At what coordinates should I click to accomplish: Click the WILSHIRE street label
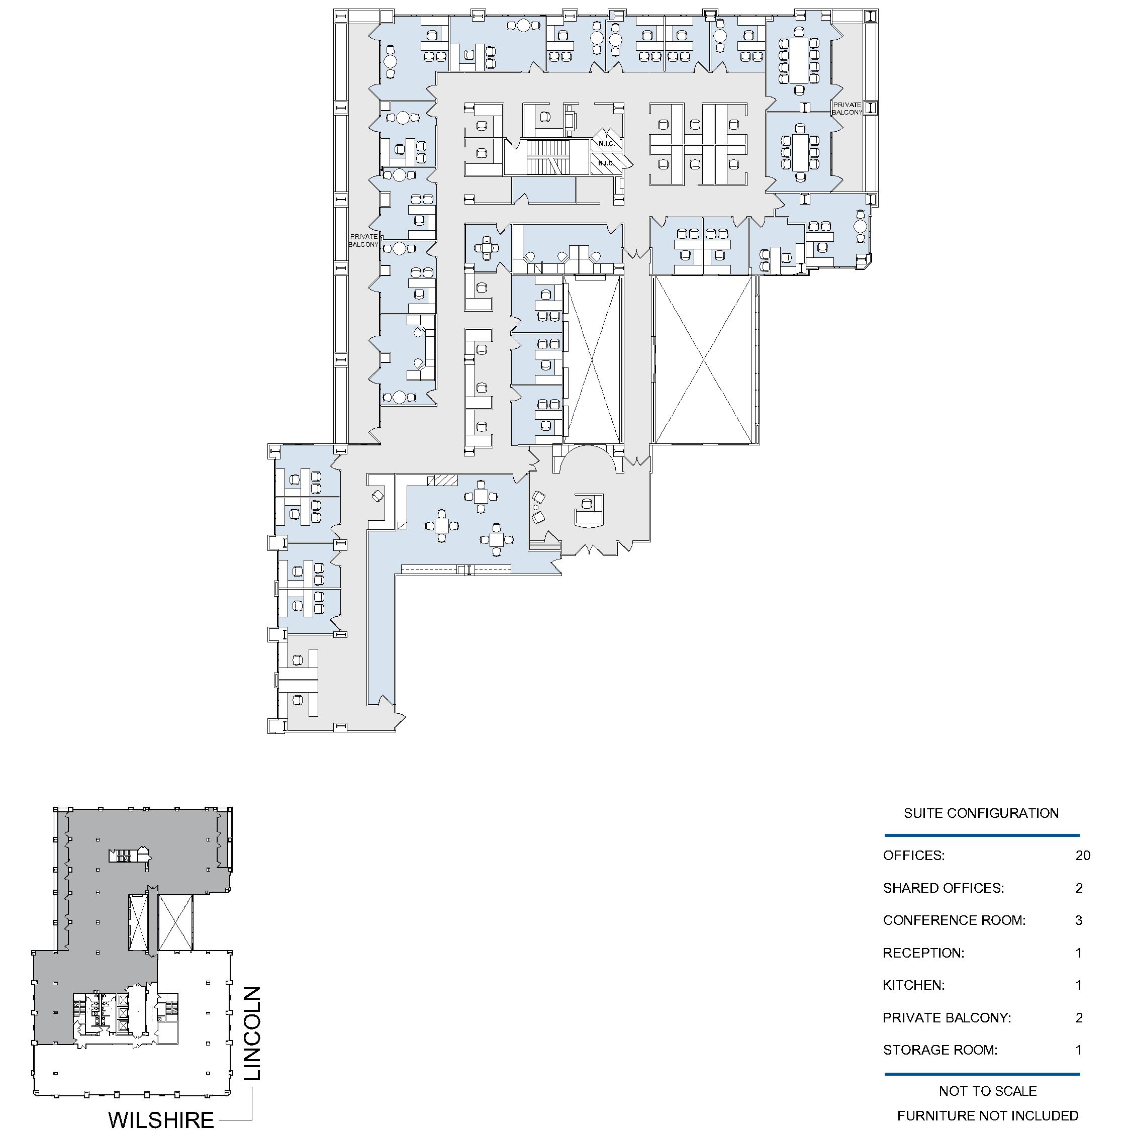pos(160,1119)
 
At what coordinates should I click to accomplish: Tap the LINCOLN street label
pos(252,1033)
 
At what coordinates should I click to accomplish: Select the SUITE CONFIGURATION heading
pos(981,813)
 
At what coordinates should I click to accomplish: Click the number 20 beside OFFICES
pos(1083,856)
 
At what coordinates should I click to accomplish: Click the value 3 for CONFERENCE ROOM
pos(1079,920)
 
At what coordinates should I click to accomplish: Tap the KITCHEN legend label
pos(913,986)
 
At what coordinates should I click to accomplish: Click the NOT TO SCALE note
pos(987,1091)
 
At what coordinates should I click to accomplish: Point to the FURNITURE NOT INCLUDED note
pos(987,1115)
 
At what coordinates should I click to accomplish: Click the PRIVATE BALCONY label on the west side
pos(363,240)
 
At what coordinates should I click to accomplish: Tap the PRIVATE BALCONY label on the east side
pos(847,109)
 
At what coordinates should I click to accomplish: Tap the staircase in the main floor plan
pos(548,156)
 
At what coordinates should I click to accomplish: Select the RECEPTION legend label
pos(923,953)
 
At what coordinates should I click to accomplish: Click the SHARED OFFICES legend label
pos(943,888)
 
